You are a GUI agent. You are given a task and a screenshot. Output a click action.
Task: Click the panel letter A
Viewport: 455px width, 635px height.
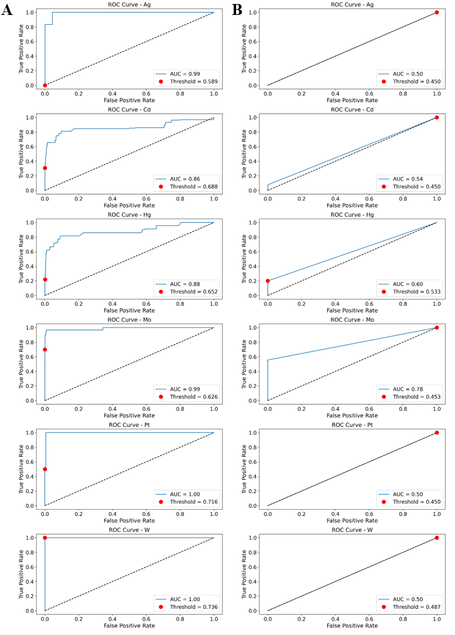(7, 10)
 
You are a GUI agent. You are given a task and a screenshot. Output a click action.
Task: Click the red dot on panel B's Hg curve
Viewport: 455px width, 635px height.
(268, 281)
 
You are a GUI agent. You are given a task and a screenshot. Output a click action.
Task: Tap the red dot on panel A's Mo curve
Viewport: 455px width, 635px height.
(45, 349)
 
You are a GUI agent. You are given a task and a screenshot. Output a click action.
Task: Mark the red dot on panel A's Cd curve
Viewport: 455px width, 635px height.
(45, 168)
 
